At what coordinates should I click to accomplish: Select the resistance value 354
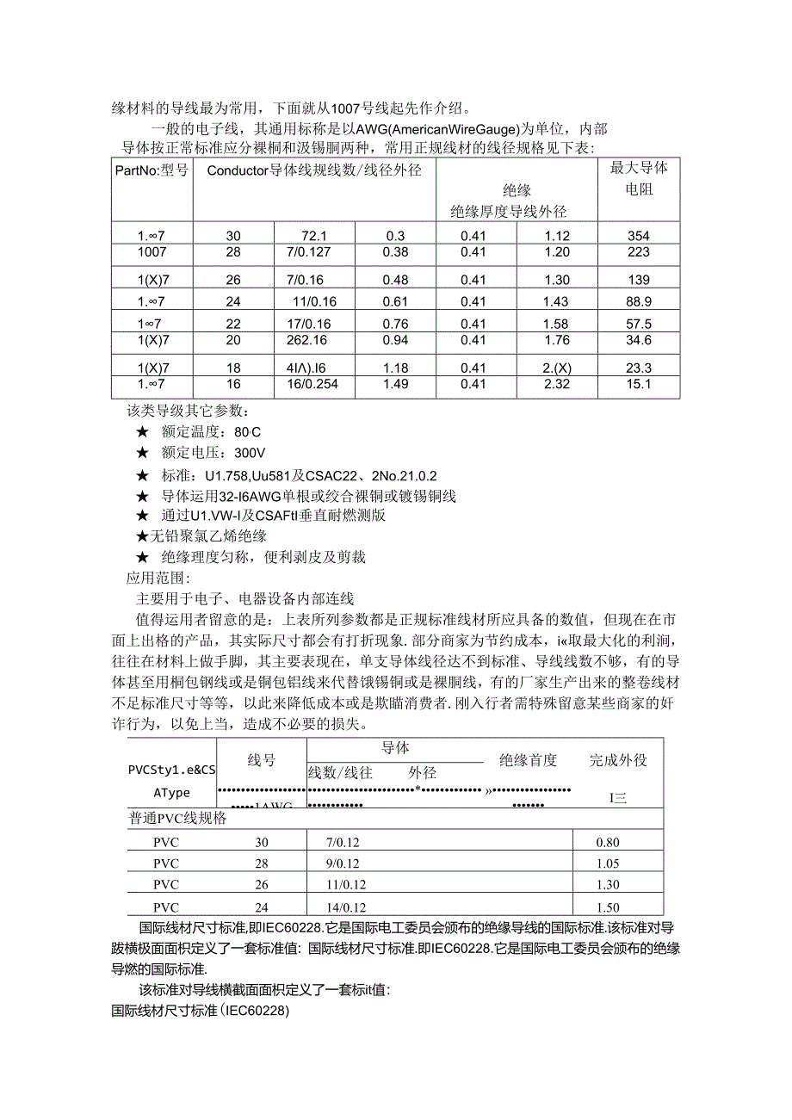(639, 236)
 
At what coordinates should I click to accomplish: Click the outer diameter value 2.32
(557, 384)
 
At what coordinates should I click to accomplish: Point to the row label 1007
(152, 252)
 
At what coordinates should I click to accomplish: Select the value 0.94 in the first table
(395, 340)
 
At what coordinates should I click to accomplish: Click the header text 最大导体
(639, 168)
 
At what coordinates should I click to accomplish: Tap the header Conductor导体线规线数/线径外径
(314, 170)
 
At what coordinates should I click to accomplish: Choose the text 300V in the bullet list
(250, 452)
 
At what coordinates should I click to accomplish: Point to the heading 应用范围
(158, 578)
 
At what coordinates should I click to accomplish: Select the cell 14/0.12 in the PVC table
(348, 907)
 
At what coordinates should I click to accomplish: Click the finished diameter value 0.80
(608, 843)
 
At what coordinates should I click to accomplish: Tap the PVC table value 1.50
(608, 907)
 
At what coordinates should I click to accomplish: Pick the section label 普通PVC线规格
(177, 819)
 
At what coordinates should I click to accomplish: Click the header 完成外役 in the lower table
(618, 760)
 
